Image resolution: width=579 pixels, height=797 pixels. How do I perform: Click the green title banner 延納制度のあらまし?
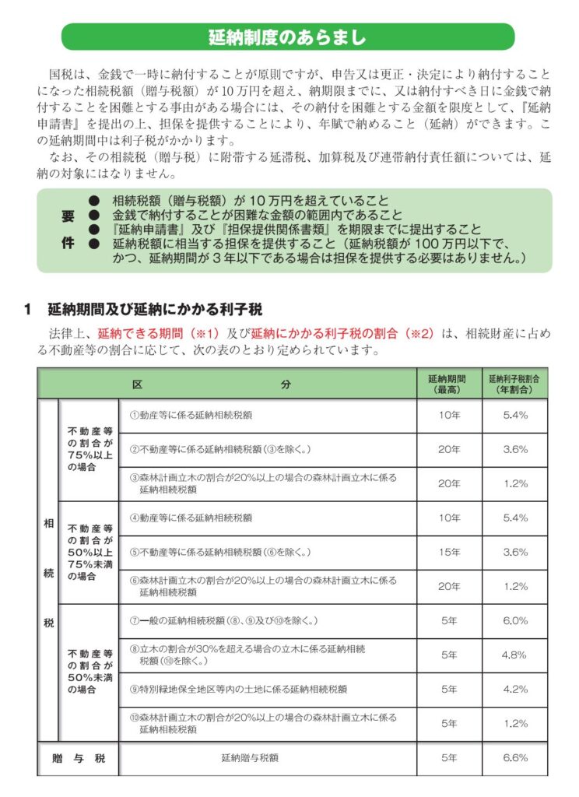coord(288,37)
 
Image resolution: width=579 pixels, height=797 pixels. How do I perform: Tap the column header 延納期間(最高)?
coord(449,383)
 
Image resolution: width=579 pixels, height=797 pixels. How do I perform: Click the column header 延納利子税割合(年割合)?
coord(514,383)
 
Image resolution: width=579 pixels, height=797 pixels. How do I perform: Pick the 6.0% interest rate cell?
coord(514,621)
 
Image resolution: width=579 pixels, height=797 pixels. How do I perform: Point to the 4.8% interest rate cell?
coord(514,655)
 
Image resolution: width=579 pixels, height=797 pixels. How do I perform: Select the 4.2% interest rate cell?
coord(514,690)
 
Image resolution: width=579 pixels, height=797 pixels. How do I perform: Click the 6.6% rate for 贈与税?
coord(514,757)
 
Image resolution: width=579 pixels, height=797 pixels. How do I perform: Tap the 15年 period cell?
coord(449,552)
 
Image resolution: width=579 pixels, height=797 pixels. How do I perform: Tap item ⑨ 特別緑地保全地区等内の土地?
coord(238,690)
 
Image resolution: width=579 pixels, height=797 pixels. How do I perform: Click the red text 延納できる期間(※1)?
coord(149,334)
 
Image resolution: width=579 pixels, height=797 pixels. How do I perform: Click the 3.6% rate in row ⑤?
coord(514,552)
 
